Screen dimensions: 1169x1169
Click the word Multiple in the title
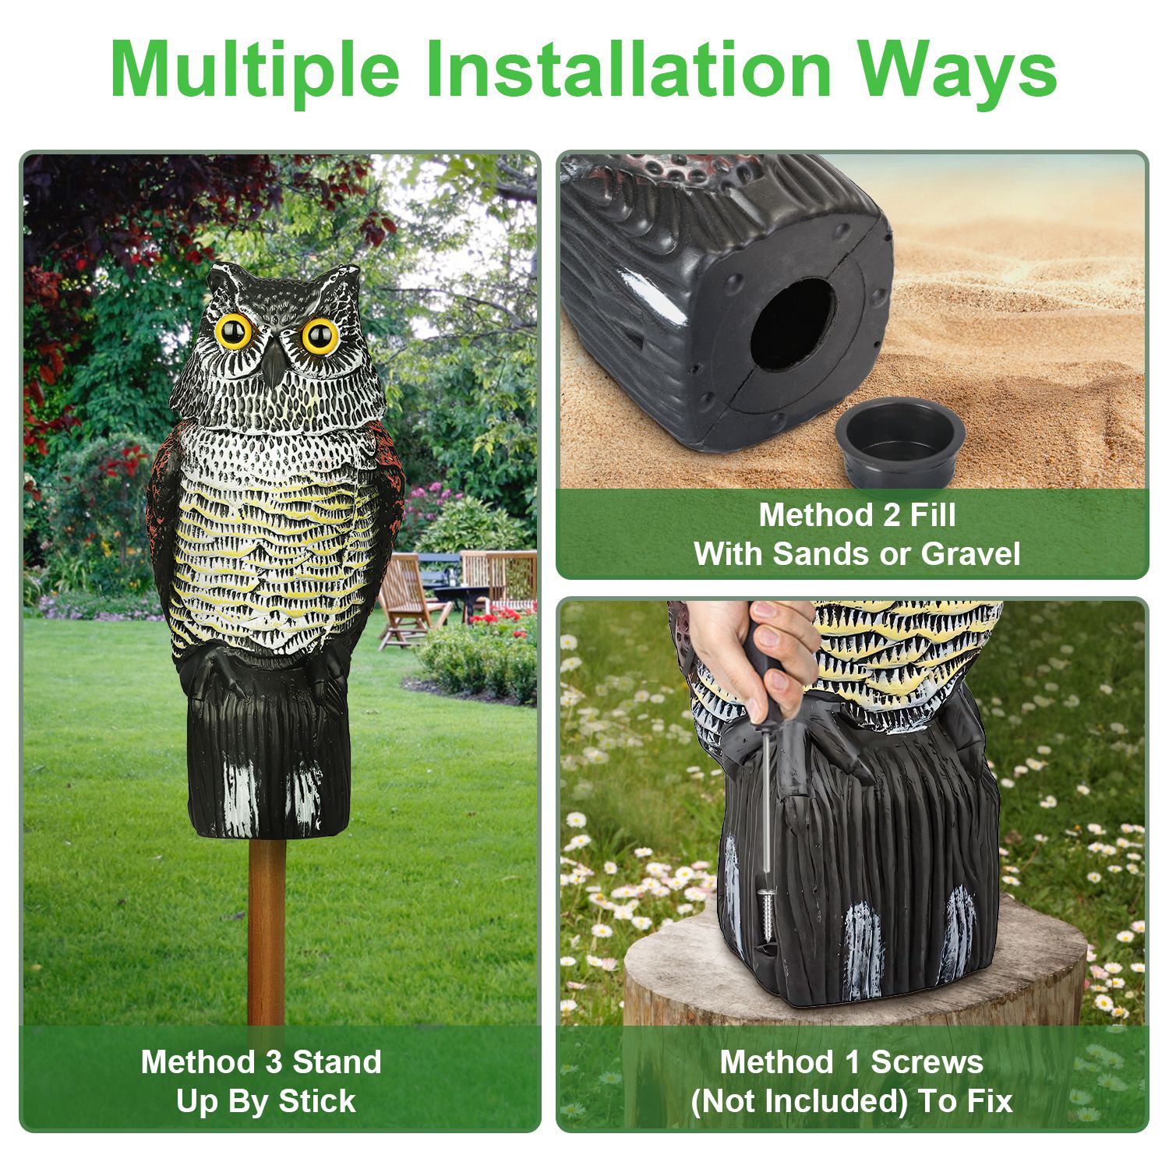(255, 71)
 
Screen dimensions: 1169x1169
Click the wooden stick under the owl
(267, 931)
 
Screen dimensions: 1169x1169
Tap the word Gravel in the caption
(971, 554)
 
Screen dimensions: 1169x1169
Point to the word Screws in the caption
(926, 1062)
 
